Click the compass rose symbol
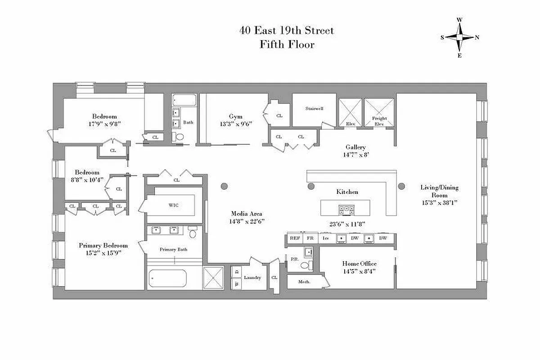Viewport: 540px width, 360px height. click(x=459, y=37)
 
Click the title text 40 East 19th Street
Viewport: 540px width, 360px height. click(x=287, y=31)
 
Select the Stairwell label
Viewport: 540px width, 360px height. click(x=314, y=108)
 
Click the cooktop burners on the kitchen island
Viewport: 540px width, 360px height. click(x=346, y=209)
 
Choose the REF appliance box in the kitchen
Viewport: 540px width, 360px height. click(x=294, y=238)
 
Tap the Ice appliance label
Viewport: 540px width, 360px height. click(x=326, y=238)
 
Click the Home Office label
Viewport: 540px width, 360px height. click(x=359, y=264)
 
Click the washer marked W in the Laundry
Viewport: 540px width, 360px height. click(x=236, y=284)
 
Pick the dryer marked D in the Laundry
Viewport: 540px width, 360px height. click(x=236, y=272)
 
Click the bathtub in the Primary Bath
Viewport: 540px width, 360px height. click(x=167, y=279)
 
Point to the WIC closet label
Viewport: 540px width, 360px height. click(x=174, y=205)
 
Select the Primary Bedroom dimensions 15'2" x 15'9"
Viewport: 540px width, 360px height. click(x=103, y=253)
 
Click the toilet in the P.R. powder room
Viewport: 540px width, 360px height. click(x=305, y=266)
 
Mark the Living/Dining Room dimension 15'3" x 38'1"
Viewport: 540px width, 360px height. click(x=439, y=203)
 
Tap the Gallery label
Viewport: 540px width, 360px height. click(x=355, y=147)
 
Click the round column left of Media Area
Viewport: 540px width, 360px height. click(x=224, y=186)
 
